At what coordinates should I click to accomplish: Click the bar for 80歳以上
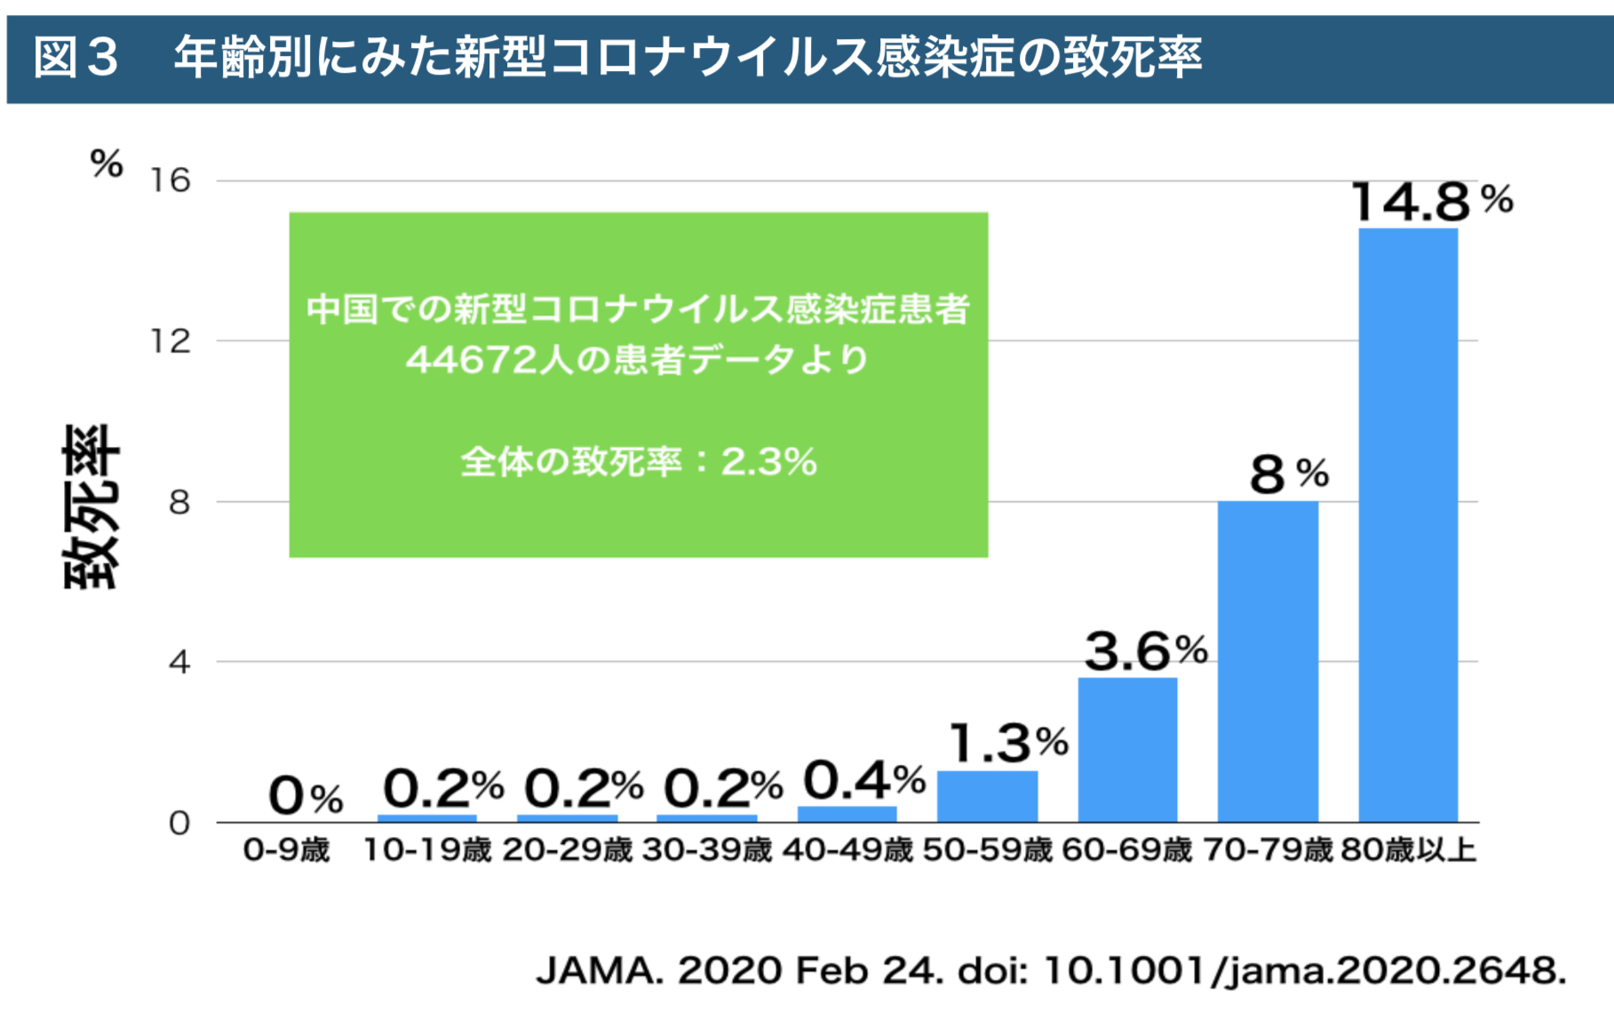coord(1408,524)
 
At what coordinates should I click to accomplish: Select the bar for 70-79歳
coord(1268,662)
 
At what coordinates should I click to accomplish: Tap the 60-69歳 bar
coord(1127,750)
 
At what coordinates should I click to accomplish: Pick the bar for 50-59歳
coord(987,796)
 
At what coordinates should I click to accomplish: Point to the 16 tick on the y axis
coord(170,181)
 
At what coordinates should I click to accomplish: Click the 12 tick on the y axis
coord(170,341)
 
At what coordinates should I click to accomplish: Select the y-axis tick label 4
coord(179,662)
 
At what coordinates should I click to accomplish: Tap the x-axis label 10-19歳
coord(426,850)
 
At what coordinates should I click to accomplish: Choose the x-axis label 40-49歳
coord(847,850)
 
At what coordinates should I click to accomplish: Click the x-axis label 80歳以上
coord(1408,850)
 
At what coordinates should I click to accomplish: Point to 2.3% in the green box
coord(768,462)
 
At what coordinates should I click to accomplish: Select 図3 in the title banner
coord(76,58)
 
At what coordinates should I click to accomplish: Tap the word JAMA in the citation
coord(600,971)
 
